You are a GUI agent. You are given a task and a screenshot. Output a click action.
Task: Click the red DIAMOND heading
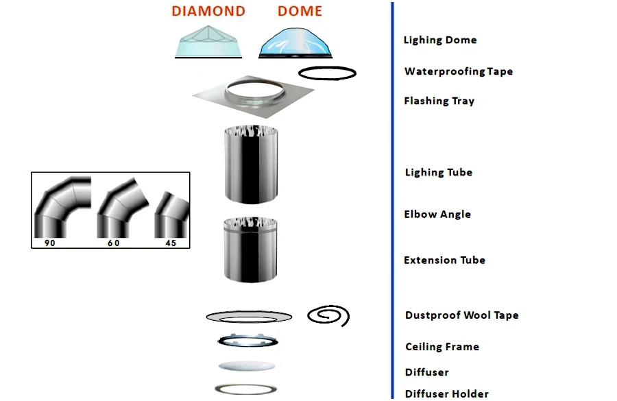point(208,12)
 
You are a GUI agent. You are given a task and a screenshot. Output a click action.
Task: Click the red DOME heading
point(300,12)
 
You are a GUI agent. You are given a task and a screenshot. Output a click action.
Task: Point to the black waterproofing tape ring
point(327,73)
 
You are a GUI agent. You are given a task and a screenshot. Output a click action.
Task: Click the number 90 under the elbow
point(49,243)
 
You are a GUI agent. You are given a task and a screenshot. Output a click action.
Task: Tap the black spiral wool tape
point(328,315)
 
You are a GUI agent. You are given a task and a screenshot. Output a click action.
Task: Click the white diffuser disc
point(247,367)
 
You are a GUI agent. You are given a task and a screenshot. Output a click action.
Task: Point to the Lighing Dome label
point(439,40)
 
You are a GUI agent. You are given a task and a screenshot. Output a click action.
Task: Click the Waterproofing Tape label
point(458,71)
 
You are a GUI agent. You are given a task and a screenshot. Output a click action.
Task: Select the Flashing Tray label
point(439,101)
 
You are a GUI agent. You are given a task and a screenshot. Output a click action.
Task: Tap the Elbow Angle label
point(437,214)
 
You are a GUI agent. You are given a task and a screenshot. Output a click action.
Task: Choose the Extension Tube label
point(444,260)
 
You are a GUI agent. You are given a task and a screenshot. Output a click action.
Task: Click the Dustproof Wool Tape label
point(461,315)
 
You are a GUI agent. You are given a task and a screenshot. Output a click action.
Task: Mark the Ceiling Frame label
point(441,347)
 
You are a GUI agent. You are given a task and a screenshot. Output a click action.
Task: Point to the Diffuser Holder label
point(446,393)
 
